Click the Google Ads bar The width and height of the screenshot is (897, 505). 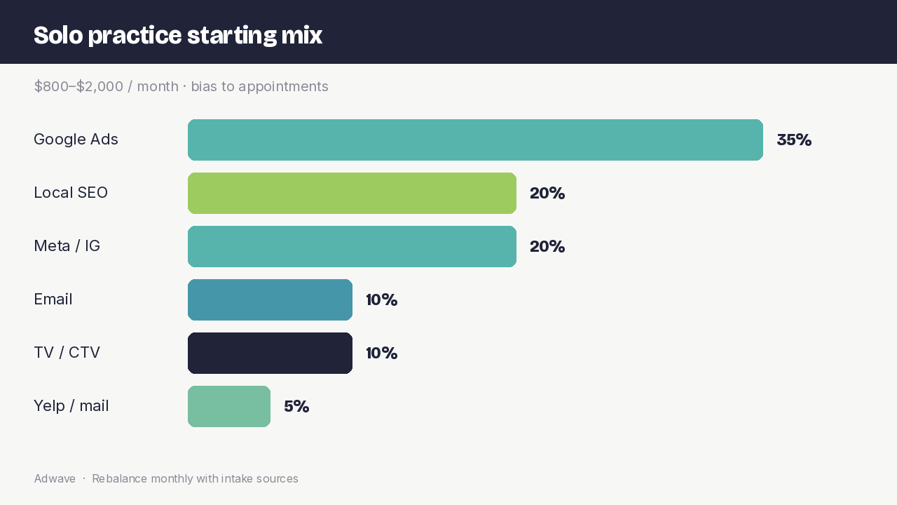click(475, 140)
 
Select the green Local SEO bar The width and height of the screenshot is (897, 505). click(352, 193)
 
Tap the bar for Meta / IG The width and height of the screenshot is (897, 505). click(352, 246)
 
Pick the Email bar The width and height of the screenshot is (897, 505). click(270, 299)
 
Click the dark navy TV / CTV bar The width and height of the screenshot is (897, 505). click(270, 353)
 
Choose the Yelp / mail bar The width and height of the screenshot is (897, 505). click(229, 406)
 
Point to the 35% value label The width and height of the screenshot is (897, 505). click(794, 140)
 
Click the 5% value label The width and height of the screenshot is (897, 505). click(296, 406)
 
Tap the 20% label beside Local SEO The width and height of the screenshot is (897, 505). click(547, 193)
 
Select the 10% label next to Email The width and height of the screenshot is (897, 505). click(382, 299)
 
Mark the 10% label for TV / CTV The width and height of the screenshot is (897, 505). click(382, 353)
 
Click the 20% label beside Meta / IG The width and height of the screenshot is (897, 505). click(547, 246)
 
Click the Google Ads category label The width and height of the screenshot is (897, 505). click(76, 140)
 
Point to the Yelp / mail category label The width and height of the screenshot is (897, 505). click(71, 406)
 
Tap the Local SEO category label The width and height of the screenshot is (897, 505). click(71, 193)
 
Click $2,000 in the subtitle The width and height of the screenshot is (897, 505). click(100, 86)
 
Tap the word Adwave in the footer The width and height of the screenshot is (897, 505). click(55, 478)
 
